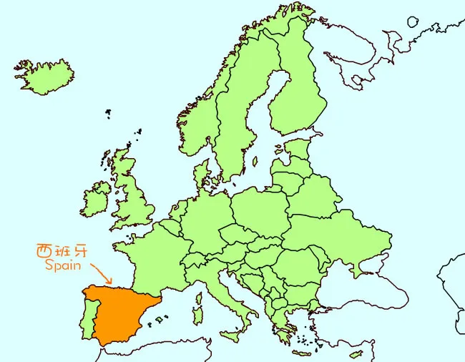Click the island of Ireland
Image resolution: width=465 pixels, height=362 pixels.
96,199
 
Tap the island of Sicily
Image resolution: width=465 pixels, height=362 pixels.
230,335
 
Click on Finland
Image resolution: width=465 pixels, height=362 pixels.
298,93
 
